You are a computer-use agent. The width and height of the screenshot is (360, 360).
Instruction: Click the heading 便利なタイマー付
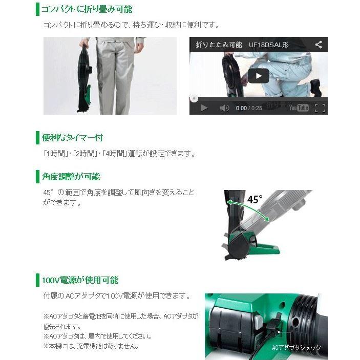coord(72,137)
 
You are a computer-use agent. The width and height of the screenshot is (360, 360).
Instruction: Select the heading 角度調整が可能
coord(71,177)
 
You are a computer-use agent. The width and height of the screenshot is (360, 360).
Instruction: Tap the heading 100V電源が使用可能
coord(80,280)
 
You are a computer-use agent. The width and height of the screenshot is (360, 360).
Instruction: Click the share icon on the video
coord(319,45)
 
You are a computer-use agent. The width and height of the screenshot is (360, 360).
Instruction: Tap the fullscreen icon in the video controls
coord(320,108)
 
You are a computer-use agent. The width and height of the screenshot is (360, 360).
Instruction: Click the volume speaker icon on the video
coord(224,108)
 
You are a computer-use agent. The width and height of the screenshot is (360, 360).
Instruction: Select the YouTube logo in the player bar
coord(299,108)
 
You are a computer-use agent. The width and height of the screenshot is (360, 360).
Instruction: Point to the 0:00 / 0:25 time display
coord(249,108)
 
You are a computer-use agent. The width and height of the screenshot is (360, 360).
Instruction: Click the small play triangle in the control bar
coord(203,108)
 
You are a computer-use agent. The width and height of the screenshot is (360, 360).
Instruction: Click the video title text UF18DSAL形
coord(269,45)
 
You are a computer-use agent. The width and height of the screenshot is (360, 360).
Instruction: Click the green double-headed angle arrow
coord(249,211)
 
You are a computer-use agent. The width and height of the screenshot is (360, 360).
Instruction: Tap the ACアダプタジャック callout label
coord(297,348)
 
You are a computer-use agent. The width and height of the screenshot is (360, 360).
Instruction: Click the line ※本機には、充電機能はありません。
coord(91,346)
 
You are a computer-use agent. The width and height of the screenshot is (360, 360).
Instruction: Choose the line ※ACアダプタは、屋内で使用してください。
coord(97,336)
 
